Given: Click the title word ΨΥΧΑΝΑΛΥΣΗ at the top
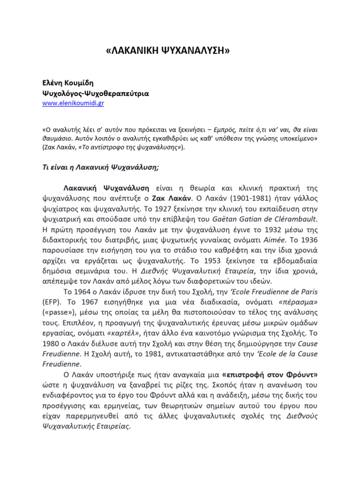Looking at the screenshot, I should tap(197, 51).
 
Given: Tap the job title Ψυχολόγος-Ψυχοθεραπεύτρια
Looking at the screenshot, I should tap(96, 93).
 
